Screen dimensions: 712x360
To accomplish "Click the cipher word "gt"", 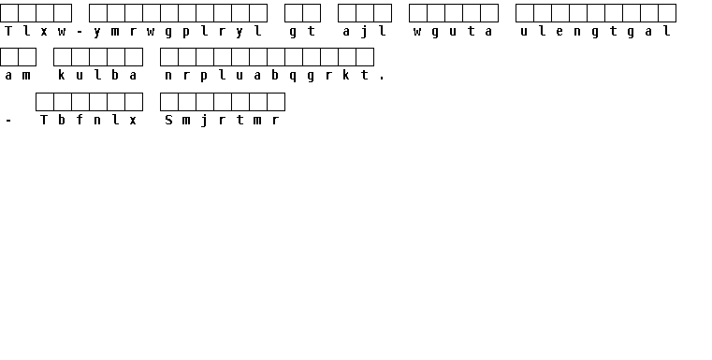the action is coord(302,31).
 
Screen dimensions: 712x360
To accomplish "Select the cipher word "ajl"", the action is coord(365,31).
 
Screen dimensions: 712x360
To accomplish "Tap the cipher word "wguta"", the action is coord(453,31).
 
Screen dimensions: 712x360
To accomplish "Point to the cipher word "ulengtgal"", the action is coord(596,31).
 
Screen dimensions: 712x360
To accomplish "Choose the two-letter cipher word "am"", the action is coord(17,76).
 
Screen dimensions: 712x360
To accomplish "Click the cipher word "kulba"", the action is coord(97,75).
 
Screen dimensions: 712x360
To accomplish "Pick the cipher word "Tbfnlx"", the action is coord(89,120).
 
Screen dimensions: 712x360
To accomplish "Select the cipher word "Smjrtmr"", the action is coord(222,120).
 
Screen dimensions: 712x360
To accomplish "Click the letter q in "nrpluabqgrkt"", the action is coord(293,77).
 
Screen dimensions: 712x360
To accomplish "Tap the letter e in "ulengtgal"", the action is coord(559,32).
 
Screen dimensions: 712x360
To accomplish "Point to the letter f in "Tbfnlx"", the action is coord(80,120).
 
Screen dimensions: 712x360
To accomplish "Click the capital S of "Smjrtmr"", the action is coord(168,120).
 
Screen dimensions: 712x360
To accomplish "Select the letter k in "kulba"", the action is coord(62,75).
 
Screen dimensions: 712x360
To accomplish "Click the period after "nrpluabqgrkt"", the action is coord(382,79).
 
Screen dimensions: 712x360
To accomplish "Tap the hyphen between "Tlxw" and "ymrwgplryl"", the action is coord(80,32).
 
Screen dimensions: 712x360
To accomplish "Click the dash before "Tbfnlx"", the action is coord(8,121).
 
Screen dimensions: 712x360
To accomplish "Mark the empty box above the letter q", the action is coord(294,57).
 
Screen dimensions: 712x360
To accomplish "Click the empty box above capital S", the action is coord(169,102).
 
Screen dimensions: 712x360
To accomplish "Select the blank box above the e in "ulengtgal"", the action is coord(560,13).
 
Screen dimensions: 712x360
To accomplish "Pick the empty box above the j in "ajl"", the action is coord(365,13).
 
